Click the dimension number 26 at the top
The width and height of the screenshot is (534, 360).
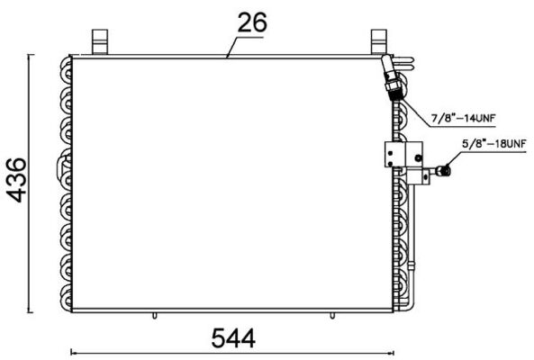tap(253, 22)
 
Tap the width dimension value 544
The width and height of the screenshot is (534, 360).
tap(233, 337)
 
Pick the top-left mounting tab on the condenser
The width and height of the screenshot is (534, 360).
tap(99, 40)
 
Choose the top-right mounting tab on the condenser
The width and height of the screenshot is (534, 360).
tap(378, 40)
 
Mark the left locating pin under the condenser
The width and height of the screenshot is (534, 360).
tap(156, 315)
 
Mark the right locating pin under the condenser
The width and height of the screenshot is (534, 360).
tap(335, 315)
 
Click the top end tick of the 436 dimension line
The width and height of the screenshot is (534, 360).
tap(33, 55)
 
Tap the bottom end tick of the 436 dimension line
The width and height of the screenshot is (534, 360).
tap(33, 311)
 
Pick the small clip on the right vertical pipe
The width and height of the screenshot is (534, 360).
tap(415, 265)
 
